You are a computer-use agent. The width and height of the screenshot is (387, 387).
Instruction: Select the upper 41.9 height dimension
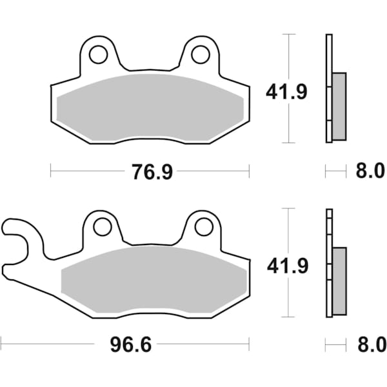286,92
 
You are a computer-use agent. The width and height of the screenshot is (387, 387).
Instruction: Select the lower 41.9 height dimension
286,265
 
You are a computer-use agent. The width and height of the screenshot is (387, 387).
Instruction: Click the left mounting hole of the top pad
98,55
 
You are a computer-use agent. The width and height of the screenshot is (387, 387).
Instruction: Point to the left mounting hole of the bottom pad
102,227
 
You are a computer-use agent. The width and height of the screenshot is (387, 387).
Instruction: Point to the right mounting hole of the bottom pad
203,227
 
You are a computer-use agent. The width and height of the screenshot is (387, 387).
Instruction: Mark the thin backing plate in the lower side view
328,263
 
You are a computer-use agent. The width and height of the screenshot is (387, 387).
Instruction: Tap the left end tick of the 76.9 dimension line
51,171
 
